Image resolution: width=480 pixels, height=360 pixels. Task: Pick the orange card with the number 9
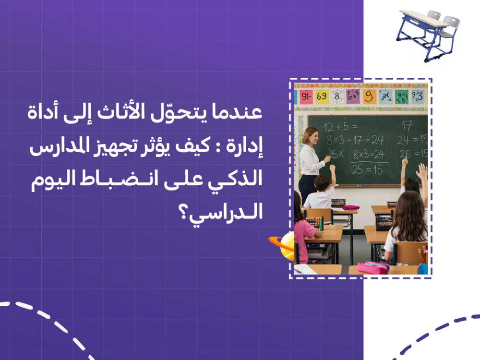[x=369, y=96]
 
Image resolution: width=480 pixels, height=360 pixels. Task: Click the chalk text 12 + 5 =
[x=340, y=127]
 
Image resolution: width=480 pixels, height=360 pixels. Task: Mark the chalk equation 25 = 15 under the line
[x=367, y=169]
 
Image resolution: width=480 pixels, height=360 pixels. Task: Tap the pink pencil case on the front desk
[x=373, y=267]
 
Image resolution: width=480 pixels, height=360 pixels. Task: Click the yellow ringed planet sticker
[x=283, y=245]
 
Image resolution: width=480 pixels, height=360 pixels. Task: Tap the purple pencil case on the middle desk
[x=351, y=208]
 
